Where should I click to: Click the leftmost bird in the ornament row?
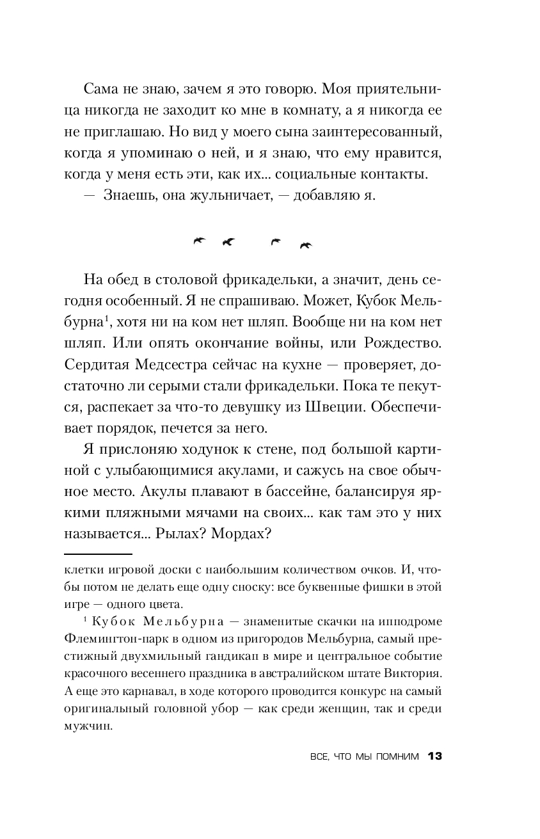(x=200, y=241)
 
